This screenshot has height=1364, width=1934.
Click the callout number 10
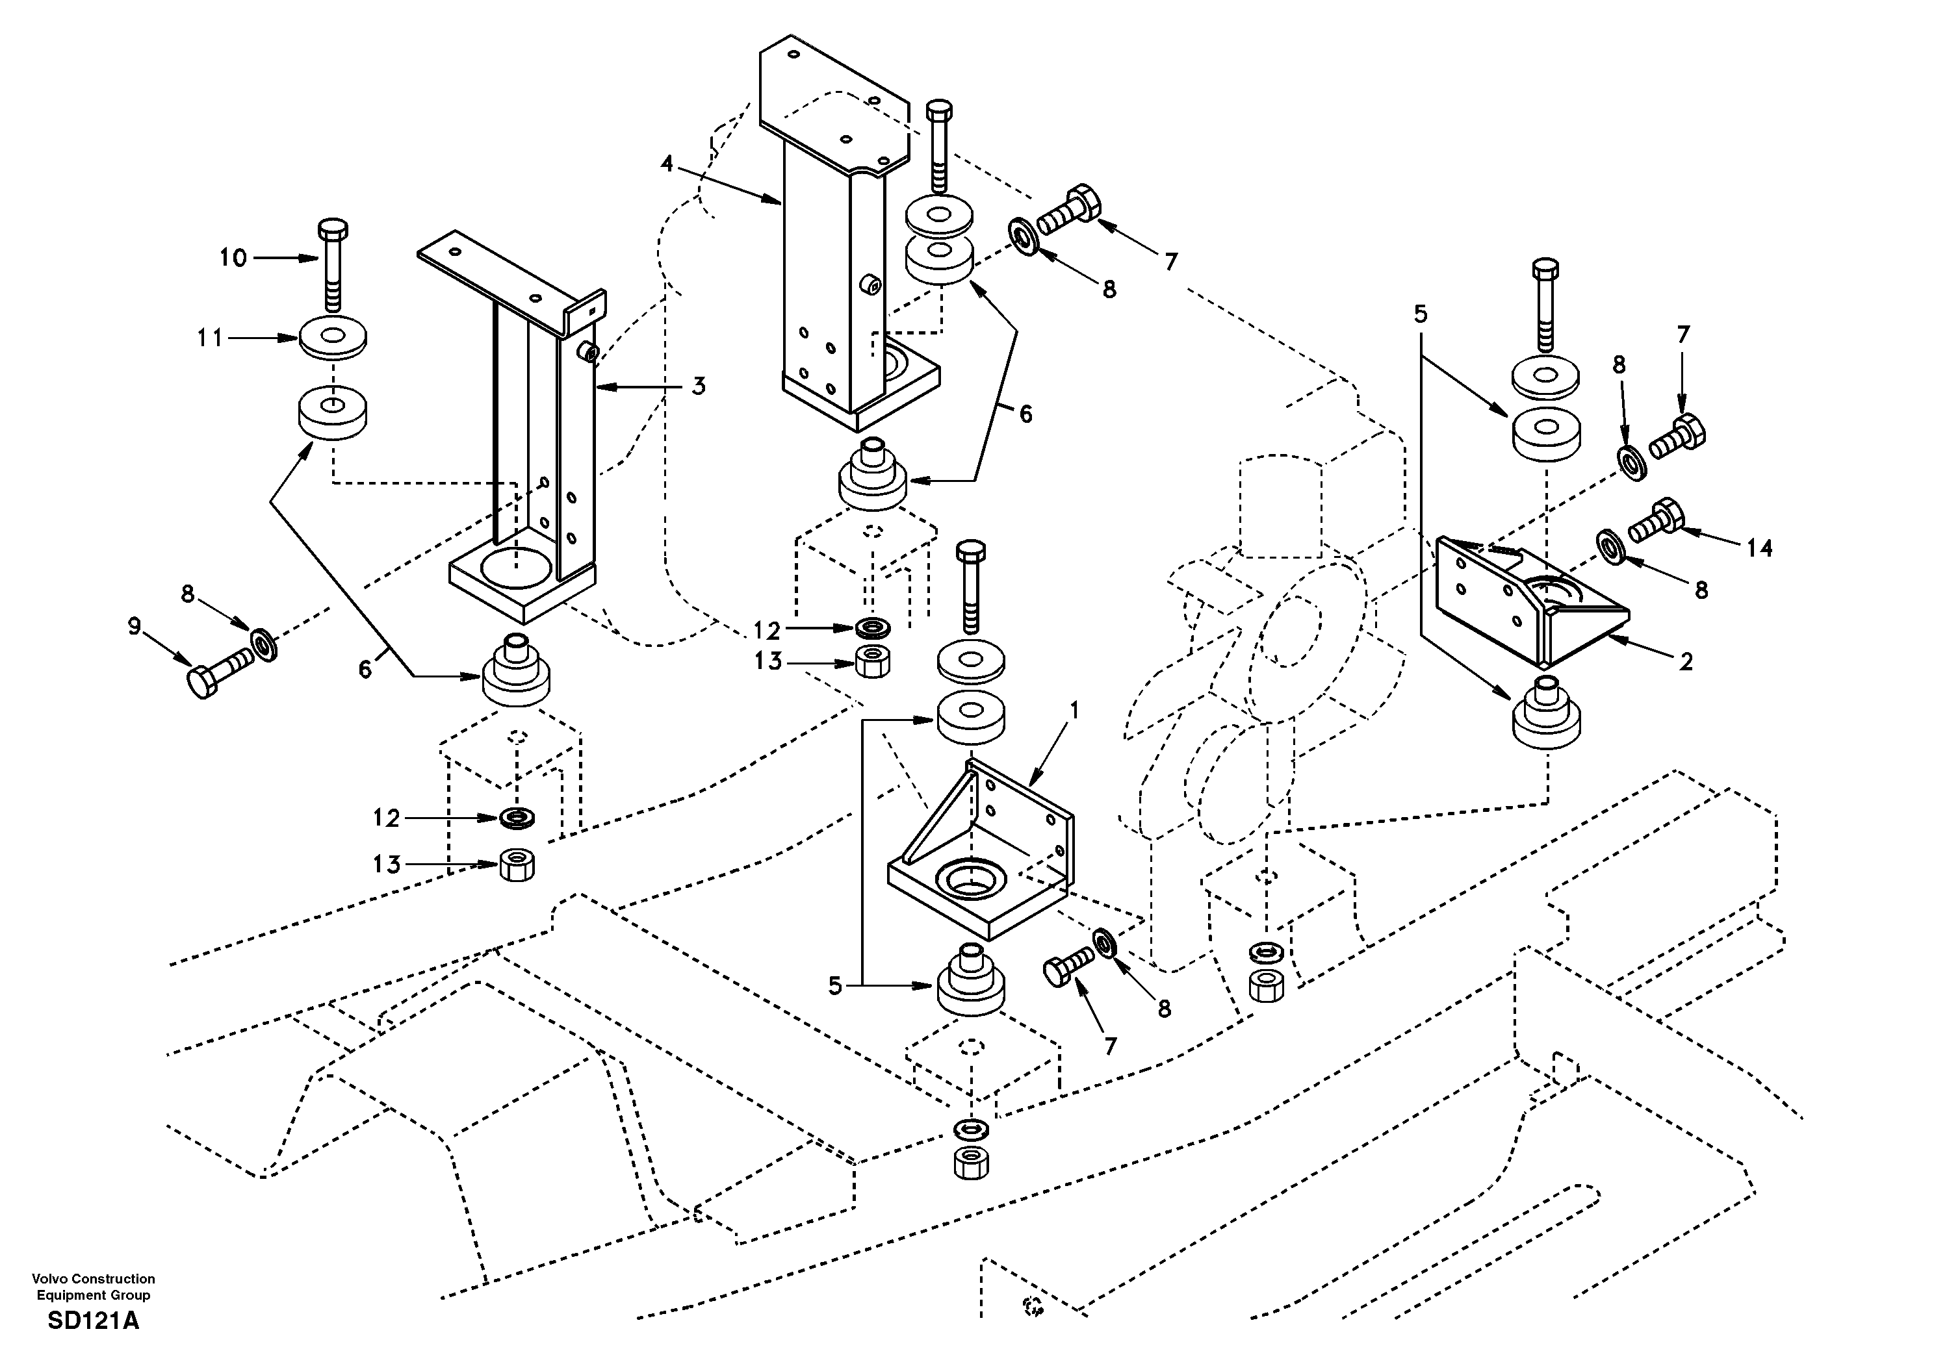tap(233, 258)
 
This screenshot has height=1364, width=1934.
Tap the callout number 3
tap(699, 386)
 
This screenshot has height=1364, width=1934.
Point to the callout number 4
tap(667, 163)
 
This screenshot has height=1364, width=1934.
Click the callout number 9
tap(134, 627)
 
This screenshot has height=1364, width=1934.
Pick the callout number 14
tap(1759, 549)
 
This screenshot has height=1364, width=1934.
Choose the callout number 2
tap(1686, 663)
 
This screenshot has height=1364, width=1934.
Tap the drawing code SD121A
tap(94, 1320)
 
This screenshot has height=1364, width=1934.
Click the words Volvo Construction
tap(94, 1279)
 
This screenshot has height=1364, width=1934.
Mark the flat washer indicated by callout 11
tap(333, 337)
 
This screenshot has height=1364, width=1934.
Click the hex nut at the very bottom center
tap(970, 1163)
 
